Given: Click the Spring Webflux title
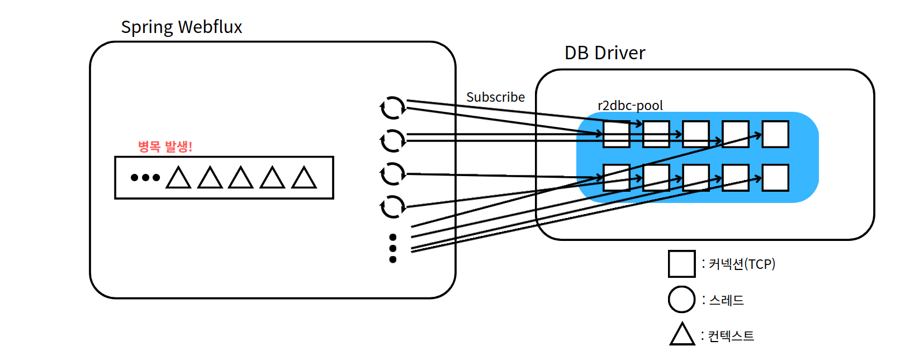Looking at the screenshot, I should pos(181,27).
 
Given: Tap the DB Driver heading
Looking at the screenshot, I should pos(605,53).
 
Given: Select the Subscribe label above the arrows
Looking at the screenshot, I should pos(495,97).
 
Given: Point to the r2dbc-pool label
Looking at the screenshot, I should pos(630,106).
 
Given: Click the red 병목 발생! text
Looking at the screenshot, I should pos(165,146).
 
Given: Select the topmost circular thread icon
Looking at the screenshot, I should pos(392,107).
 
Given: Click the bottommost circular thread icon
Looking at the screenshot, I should pos(392,206).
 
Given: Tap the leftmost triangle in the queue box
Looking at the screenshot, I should pos(179,178).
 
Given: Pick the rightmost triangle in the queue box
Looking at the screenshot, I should pos(304,178).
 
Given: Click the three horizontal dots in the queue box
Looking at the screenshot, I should pos(145,178).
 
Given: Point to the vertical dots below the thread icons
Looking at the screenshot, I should pos(392,248).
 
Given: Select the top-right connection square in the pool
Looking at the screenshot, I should pos(775,134).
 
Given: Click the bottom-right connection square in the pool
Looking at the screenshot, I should pos(775,178).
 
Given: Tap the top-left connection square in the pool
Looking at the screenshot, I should pos(617,134).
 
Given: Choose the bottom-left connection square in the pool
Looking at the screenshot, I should pos(617,178).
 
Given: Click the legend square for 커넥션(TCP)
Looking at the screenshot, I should pos(681,264).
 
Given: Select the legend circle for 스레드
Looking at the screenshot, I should pos(681,300).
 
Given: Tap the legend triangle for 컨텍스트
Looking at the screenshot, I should pos(682,335).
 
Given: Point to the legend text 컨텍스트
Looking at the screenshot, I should pos(731,336).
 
